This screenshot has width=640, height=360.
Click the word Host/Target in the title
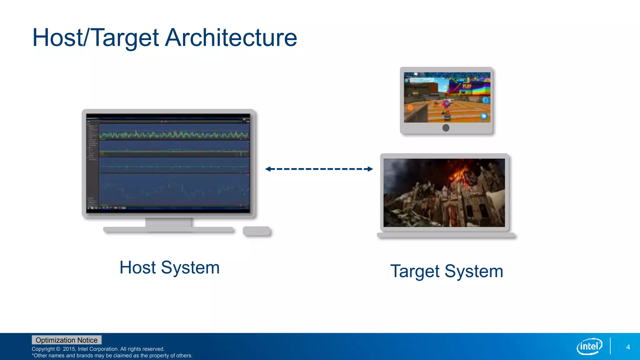tap(96, 37)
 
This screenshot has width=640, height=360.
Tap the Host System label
tap(169, 267)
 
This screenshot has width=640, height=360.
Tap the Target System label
tap(447, 271)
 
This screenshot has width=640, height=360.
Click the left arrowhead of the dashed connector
tap(268, 169)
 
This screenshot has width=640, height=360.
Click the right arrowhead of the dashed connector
tap(370, 169)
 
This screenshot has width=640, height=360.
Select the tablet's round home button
tap(446, 128)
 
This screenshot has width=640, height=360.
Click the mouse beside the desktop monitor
tap(256, 231)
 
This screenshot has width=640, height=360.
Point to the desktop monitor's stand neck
tap(169, 222)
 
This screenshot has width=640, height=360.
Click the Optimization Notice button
tap(67, 340)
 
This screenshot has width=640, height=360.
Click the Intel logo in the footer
tap(589, 346)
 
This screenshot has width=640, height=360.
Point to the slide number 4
tap(628, 347)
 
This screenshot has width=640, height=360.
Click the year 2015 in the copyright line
tap(69, 349)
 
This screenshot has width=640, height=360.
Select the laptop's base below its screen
tap(446, 235)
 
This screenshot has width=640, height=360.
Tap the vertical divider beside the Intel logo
tap(610, 346)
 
